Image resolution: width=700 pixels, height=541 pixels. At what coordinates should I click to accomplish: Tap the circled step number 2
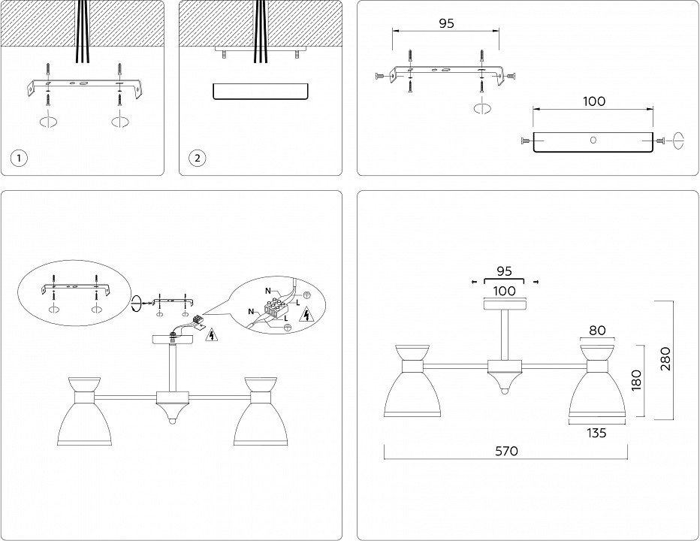coord(197,158)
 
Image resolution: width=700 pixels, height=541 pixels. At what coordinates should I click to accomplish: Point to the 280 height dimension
coord(665,360)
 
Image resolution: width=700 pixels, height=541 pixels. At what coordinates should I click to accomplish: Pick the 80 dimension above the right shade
coord(597,329)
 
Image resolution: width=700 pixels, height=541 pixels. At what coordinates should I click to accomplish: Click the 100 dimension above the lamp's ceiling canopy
coord(505,290)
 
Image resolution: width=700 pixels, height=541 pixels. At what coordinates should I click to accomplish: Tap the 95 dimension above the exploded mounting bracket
coord(446,23)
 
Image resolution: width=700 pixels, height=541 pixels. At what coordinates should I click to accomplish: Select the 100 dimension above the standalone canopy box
coord(593,101)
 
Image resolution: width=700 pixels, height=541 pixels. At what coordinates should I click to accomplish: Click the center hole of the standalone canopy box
coord(593,140)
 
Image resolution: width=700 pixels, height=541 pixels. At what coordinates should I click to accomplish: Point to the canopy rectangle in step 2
coord(260,91)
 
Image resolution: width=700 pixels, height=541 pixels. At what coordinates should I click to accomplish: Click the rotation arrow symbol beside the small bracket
coord(136,304)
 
